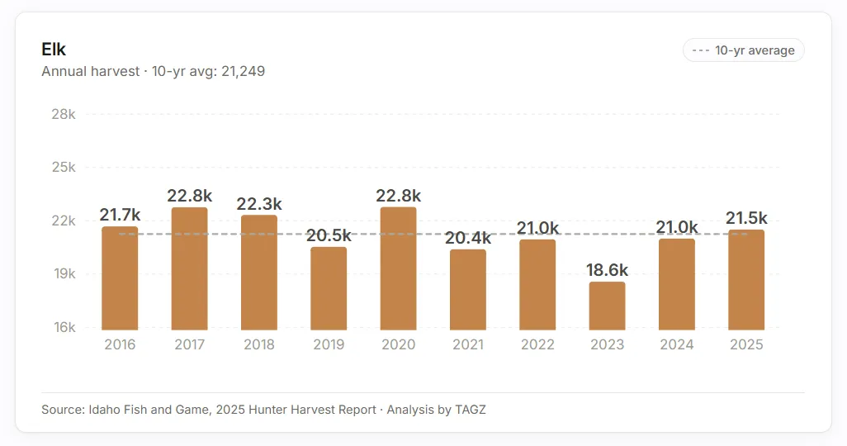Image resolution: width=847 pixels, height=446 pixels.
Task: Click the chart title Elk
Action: click(x=54, y=50)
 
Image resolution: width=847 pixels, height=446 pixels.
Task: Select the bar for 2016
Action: click(x=120, y=278)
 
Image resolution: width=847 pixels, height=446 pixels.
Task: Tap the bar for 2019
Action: click(x=329, y=288)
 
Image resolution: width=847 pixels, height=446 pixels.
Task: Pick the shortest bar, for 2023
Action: click(x=607, y=306)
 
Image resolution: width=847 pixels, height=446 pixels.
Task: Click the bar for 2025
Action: click(x=746, y=280)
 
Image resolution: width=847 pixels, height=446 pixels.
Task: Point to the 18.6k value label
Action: click(x=608, y=270)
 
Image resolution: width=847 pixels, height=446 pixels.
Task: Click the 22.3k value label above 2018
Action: click(x=260, y=204)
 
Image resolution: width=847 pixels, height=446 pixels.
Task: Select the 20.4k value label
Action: click(x=468, y=238)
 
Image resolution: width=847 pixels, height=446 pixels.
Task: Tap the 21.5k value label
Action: click(x=746, y=218)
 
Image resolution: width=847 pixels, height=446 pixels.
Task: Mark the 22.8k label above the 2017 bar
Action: click(x=190, y=196)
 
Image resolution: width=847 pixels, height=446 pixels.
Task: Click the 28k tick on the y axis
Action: click(x=64, y=114)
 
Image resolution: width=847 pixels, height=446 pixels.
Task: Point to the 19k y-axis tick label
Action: click(x=64, y=273)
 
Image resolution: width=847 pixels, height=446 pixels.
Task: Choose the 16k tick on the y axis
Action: click(x=64, y=327)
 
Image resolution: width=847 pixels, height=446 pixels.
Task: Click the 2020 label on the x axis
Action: click(x=399, y=344)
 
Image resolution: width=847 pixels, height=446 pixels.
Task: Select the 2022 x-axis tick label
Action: click(x=537, y=344)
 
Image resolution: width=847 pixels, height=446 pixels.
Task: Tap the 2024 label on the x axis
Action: click(x=677, y=344)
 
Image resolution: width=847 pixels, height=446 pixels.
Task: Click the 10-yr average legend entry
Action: click(x=744, y=50)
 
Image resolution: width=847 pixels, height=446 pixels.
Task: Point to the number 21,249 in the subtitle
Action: click(x=243, y=71)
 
